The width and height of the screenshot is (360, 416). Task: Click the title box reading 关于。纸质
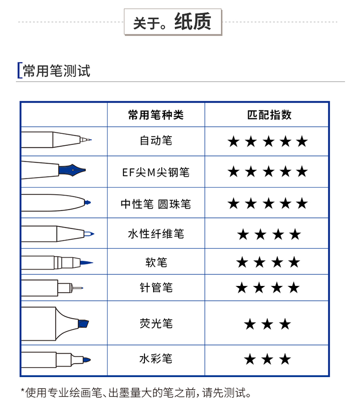(173, 22)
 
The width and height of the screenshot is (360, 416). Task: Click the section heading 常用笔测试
(57, 71)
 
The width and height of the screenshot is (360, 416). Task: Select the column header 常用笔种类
(156, 115)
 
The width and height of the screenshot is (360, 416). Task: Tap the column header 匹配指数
(269, 115)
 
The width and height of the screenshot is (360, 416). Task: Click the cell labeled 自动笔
(156, 141)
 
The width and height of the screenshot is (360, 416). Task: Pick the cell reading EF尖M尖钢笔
(156, 172)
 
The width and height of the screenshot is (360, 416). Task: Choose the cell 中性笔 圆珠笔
(156, 204)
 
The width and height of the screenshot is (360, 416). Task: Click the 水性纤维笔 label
(156, 234)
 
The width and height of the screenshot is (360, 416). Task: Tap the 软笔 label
(156, 262)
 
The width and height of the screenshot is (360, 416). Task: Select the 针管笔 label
(156, 287)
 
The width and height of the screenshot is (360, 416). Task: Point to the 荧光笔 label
(156, 323)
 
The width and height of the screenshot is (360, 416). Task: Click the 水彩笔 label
(156, 358)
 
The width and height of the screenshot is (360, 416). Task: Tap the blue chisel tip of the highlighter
(84, 324)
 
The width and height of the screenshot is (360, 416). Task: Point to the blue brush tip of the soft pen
(86, 262)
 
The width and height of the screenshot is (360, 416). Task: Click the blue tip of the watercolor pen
(87, 360)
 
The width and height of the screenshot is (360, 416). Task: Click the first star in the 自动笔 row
(234, 142)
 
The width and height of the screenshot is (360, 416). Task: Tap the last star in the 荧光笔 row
(285, 324)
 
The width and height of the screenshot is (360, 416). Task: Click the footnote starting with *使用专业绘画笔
(136, 392)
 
